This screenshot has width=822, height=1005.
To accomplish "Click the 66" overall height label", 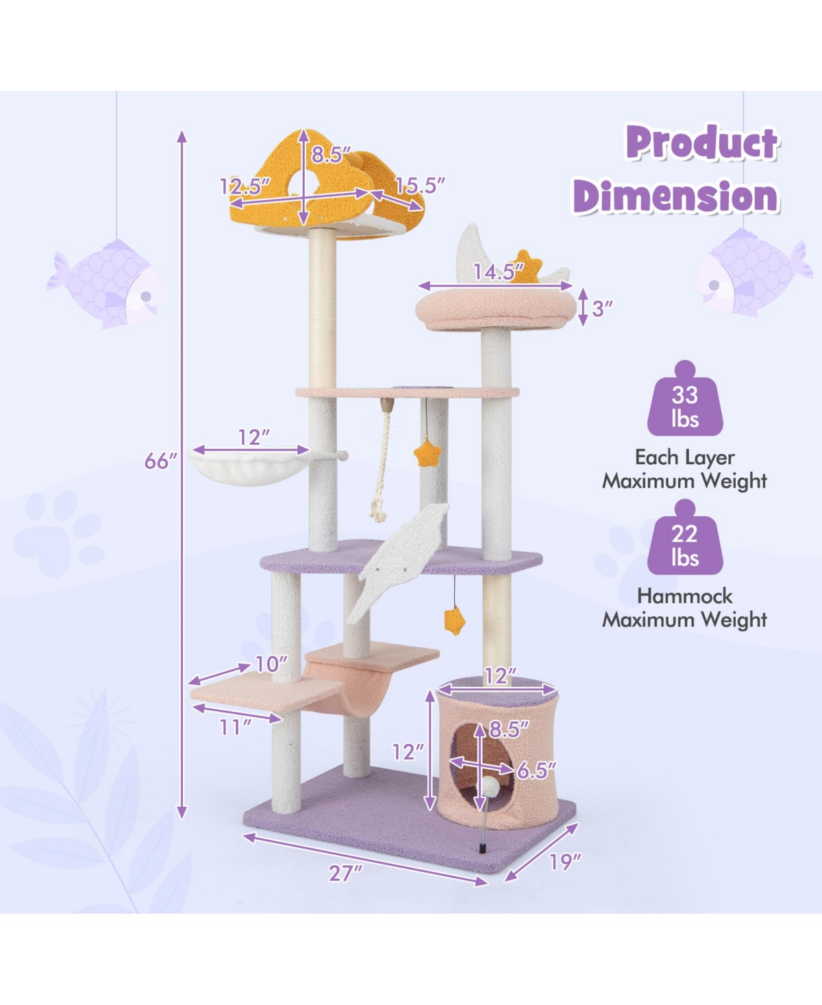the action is (x=161, y=461).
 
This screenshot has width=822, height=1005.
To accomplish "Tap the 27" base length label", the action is (x=346, y=873).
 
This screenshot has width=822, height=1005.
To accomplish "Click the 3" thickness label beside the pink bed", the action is (x=601, y=308).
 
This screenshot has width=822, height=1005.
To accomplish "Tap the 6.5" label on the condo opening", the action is (x=537, y=771).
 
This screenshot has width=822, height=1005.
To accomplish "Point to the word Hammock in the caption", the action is (x=685, y=596).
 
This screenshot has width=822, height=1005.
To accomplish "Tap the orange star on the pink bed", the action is (x=526, y=267).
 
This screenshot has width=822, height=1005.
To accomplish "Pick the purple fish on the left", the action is (x=105, y=284).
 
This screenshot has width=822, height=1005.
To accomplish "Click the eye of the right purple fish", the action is (x=713, y=285).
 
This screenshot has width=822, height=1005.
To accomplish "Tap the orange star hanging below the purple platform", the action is (x=454, y=621).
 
